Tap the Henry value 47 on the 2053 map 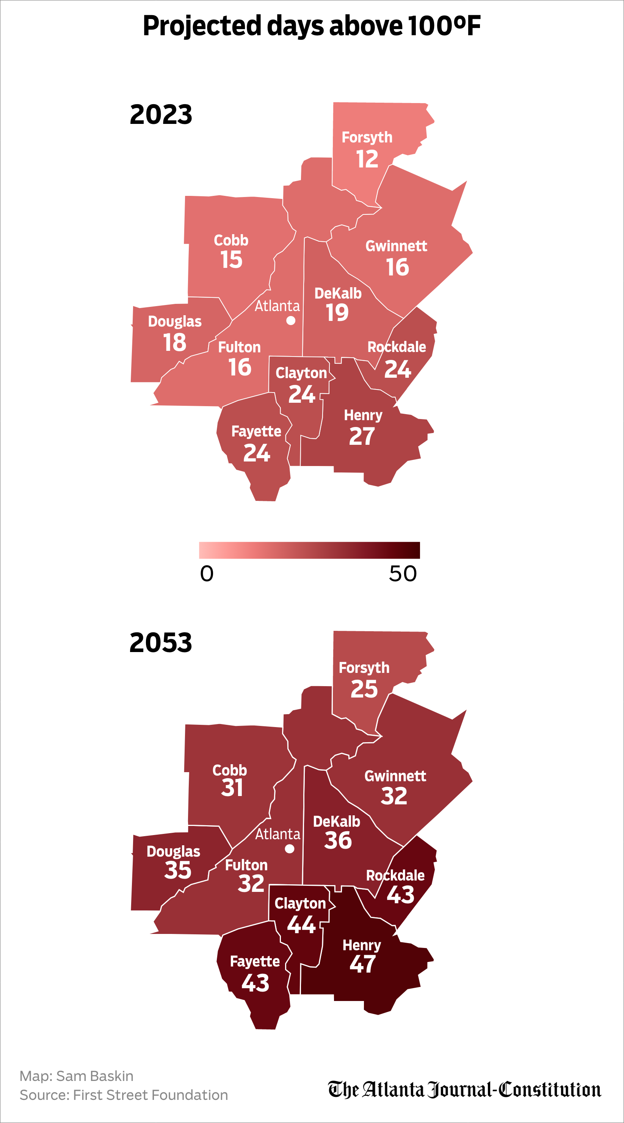tap(362, 964)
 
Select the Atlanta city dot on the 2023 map tap(291, 321)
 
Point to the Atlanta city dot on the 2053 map tap(290, 849)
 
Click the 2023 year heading tap(161, 115)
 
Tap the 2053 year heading tap(161, 643)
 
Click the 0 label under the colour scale tap(207, 574)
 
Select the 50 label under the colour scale tap(403, 574)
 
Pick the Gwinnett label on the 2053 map tap(395, 776)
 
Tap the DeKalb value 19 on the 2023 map tap(337, 313)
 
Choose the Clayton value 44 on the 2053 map tap(301, 924)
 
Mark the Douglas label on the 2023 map tap(174, 321)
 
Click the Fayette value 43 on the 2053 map tap(255, 983)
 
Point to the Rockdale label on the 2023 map tap(397, 347)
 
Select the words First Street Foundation tap(151, 1095)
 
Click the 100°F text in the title tap(444, 26)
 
